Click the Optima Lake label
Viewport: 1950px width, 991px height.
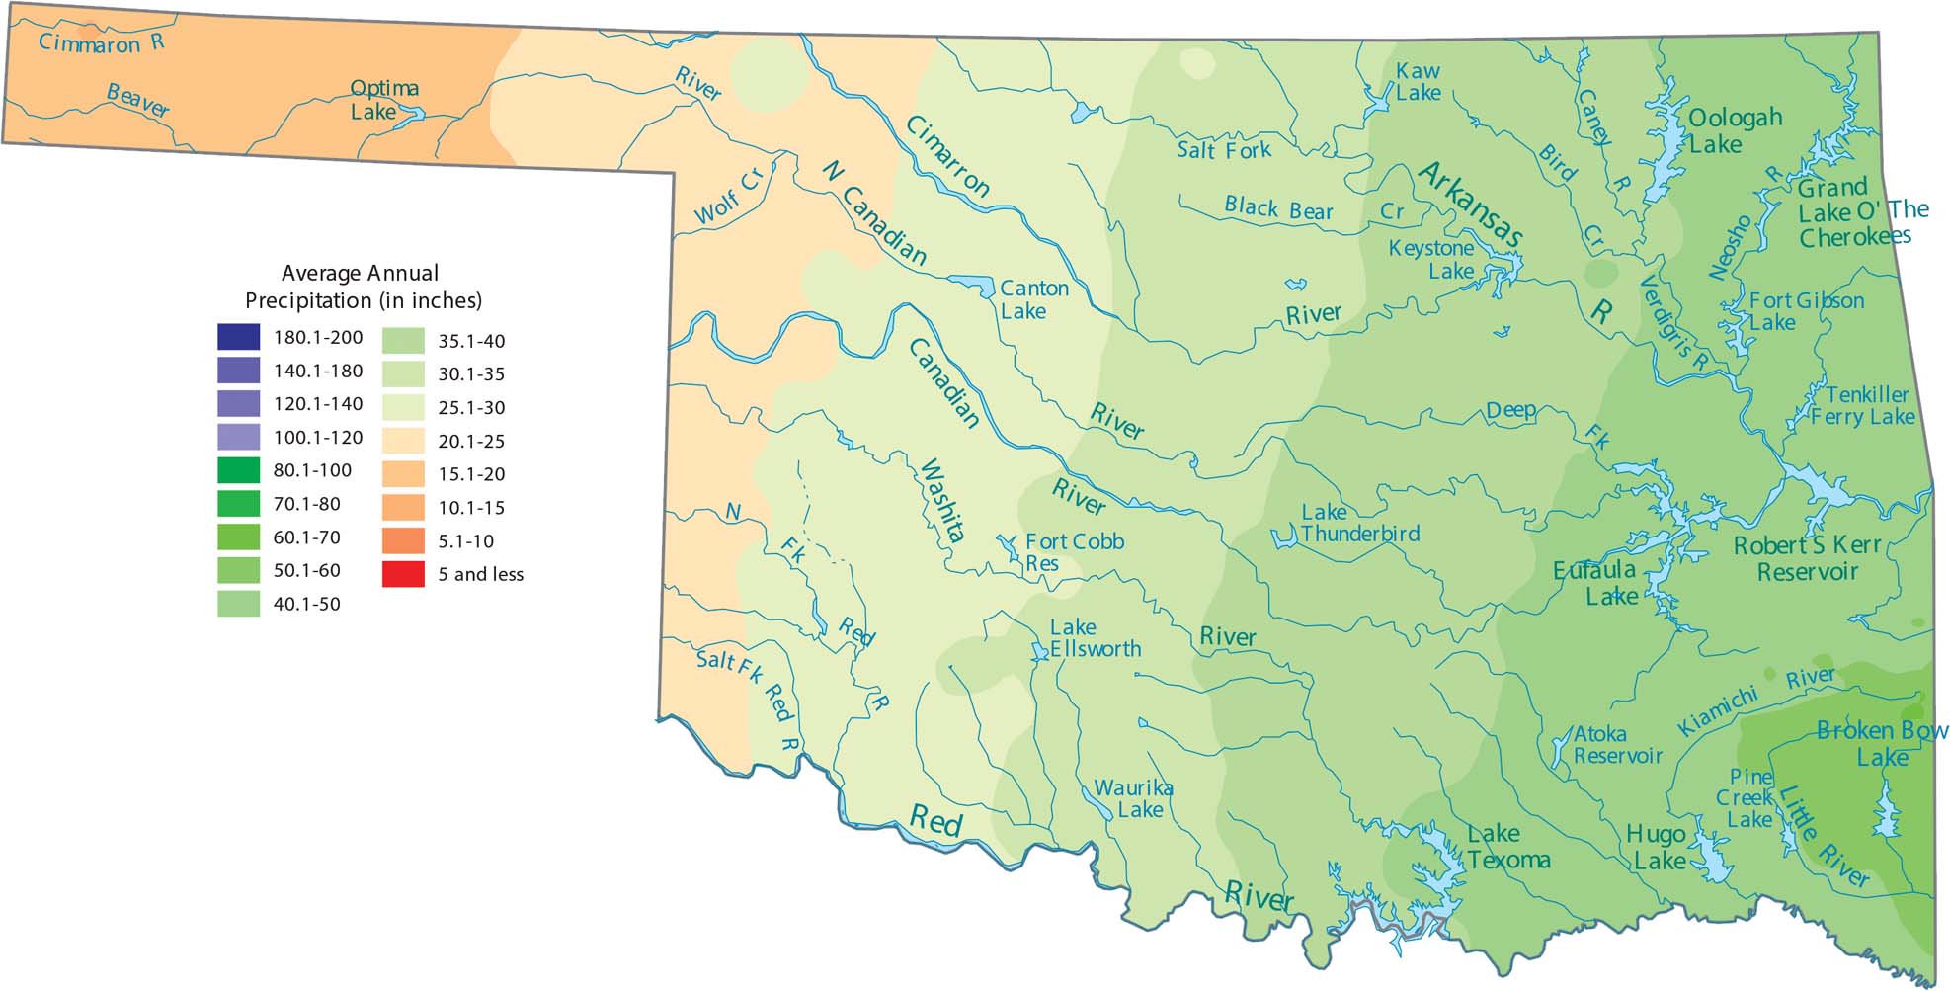[x=384, y=100]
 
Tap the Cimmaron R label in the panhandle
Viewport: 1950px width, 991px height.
[x=101, y=42]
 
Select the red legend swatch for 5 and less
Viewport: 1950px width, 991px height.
[x=403, y=574]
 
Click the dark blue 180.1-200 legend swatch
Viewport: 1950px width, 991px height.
[x=238, y=337]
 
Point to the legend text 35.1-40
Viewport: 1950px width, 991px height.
[x=471, y=341]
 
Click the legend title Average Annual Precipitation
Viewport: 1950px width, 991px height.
[x=362, y=287]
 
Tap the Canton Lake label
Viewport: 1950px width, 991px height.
[x=1033, y=299]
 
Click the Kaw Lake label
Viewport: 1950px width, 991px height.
[x=1418, y=82]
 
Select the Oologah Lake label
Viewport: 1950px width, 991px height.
[x=1734, y=130]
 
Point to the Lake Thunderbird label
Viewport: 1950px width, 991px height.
[x=1358, y=523]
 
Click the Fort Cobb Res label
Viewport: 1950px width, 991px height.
[x=1073, y=552]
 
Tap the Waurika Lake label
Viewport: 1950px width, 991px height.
[x=1133, y=799]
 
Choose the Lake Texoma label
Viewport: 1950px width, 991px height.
[x=1506, y=847]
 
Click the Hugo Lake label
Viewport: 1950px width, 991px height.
[x=1657, y=848]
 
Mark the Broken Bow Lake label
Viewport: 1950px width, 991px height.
[x=1881, y=743]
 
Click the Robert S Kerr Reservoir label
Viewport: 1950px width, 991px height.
[x=1808, y=558]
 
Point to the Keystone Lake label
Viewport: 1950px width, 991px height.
[x=1431, y=259]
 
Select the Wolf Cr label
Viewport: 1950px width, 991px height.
[x=729, y=197]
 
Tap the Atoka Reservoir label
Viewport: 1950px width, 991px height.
[x=1616, y=745]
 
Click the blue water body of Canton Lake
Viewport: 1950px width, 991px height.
[x=978, y=285]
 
